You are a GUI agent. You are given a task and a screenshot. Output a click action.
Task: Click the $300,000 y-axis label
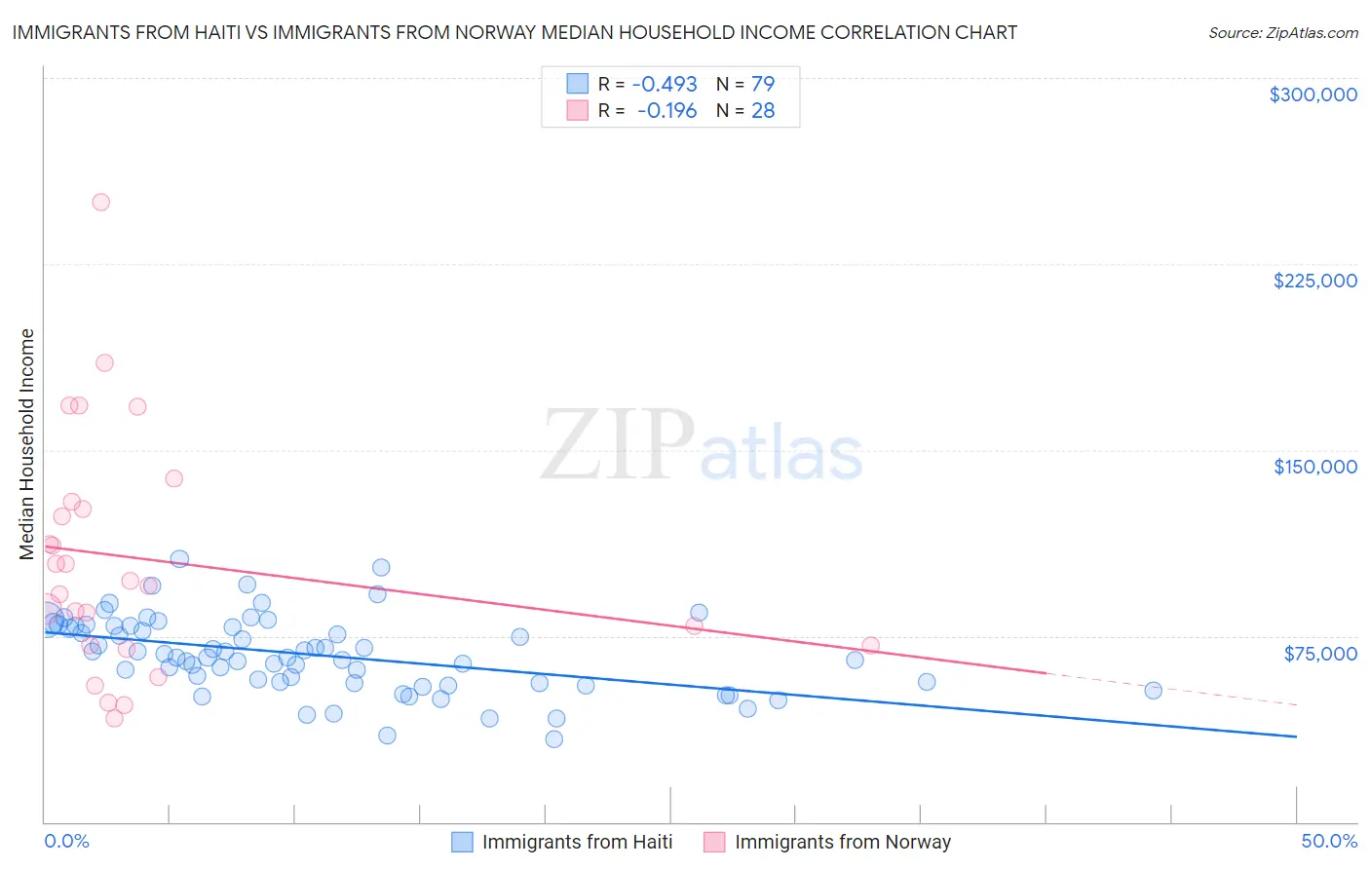1313,94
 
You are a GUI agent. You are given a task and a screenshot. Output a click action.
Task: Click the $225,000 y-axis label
1314,281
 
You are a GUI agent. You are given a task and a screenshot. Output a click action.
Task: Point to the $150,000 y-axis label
1314,467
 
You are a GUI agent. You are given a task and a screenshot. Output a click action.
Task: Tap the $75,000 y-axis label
1320,654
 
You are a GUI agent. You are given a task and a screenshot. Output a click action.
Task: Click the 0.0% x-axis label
66,841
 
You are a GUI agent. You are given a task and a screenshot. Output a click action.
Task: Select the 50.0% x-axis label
1329,841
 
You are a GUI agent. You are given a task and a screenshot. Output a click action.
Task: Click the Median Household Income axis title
26,444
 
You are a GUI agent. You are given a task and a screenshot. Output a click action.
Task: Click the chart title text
514,32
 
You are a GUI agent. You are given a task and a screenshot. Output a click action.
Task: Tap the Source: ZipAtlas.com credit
1282,33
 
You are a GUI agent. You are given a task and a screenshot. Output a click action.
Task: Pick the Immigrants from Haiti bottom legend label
577,842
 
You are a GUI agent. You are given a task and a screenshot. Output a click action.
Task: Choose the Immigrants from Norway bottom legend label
842,842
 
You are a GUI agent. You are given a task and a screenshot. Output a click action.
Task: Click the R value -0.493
665,84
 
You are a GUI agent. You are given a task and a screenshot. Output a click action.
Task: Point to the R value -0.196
666,111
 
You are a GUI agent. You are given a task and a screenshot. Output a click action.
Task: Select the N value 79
763,84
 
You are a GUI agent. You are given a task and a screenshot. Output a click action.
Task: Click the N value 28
763,111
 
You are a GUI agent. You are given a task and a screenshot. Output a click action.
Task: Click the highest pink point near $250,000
100,203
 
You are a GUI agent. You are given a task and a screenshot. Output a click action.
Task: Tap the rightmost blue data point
1153,691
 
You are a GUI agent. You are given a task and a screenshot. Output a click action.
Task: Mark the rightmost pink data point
870,646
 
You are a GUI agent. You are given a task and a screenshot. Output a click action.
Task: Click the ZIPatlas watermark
702,445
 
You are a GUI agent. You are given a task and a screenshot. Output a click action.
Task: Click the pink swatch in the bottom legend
714,842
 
